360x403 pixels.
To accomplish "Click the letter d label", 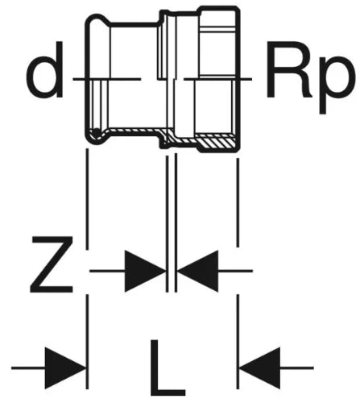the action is coord(45,69).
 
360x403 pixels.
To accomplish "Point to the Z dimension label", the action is coord(52,264).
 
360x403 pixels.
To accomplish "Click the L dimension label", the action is coord(168,368).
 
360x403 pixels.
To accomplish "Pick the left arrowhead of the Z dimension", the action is coord(145,271).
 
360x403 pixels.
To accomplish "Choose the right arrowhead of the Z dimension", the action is coord(197,271).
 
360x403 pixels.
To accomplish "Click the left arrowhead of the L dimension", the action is coord(65,368).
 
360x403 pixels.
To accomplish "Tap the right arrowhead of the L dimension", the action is coord(259,368).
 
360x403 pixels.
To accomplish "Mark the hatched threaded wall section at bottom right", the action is coord(215,141).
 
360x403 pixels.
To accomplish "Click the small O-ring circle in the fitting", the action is coord(96,132).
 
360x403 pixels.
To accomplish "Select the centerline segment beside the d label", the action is coord(107,79).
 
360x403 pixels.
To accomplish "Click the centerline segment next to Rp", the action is coord(217,79).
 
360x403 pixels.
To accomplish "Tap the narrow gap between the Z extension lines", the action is coord(172,223).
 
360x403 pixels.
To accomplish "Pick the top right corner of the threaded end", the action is coord(238,8).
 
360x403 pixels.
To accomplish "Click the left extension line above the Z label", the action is coord(87,199).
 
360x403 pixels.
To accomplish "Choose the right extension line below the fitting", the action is coord(238,202).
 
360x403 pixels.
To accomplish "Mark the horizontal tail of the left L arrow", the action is coord(28,368).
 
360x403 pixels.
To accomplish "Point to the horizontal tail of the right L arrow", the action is coord(296,368).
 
